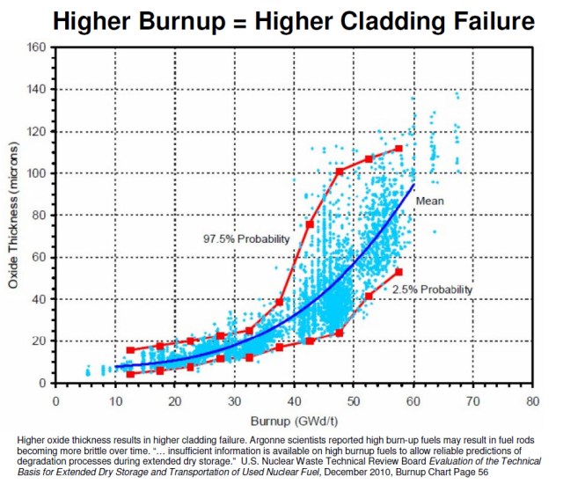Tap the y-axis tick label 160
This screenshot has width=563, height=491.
tap(36, 47)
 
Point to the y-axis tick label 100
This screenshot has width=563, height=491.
tap(36, 172)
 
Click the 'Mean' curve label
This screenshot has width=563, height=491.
tap(429, 201)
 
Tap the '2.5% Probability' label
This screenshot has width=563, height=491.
tap(432, 289)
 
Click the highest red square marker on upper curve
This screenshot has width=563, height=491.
tap(398, 148)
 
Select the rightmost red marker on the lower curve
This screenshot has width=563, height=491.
tap(398, 272)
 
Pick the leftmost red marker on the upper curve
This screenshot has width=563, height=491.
tap(130, 350)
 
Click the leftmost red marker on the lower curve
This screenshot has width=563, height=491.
tap(130, 374)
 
